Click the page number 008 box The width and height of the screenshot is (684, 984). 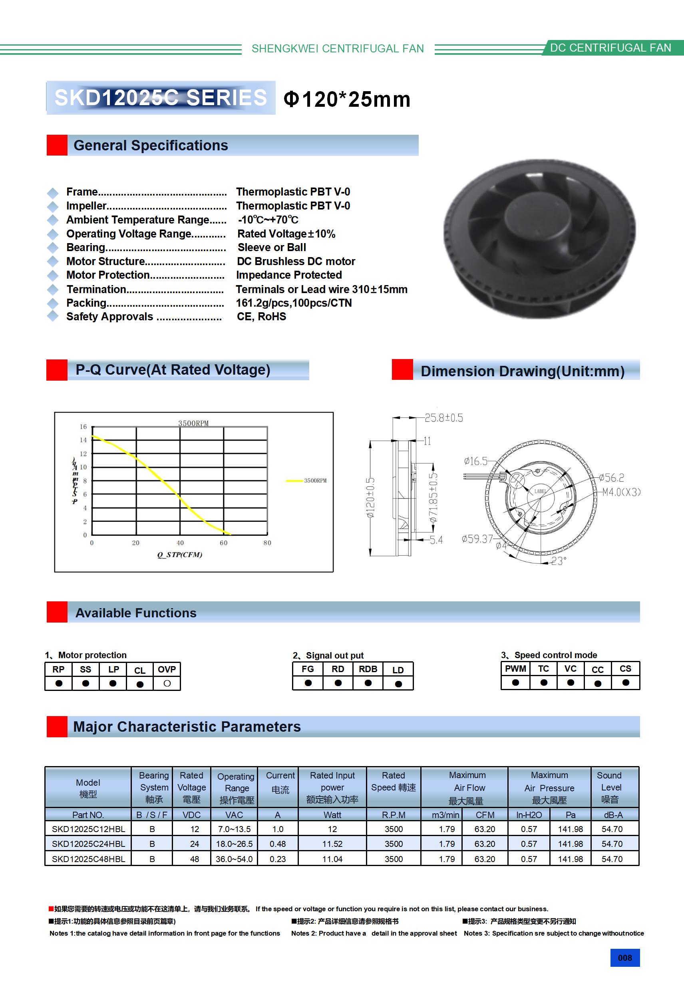[624, 958]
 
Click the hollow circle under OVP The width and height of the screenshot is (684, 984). [167, 684]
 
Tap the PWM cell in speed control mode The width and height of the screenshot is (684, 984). [515, 669]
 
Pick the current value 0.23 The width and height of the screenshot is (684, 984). [278, 859]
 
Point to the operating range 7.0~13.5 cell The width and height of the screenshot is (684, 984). [234, 829]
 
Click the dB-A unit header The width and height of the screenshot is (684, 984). [613, 815]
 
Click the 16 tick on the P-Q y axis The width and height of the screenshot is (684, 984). [83, 427]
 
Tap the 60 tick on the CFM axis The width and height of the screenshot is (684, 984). [224, 543]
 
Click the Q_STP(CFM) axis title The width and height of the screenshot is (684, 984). [180, 555]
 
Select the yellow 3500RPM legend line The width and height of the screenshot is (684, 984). [294, 481]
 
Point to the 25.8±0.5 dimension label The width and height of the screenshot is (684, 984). [444, 418]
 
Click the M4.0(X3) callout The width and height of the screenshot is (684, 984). [621, 492]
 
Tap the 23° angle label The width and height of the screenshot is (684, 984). [558, 561]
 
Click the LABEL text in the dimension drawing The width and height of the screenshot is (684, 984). [540, 491]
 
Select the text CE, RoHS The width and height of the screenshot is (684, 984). [261, 317]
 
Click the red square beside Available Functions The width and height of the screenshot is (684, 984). [57, 612]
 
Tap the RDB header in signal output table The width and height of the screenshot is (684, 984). [368, 669]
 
